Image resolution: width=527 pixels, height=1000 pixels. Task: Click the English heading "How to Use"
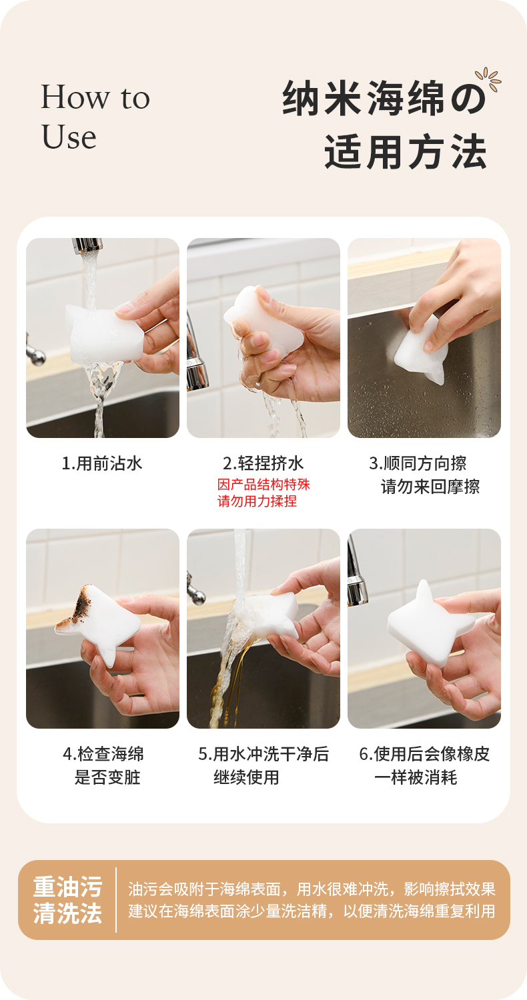pyautogui.click(x=95, y=117)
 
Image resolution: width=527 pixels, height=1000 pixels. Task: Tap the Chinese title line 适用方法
pyautogui.click(x=406, y=152)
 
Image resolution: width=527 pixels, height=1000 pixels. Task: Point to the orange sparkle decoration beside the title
pyautogui.click(x=488, y=79)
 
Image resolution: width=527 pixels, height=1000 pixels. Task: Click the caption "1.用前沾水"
pyautogui.click(x=102, y=463)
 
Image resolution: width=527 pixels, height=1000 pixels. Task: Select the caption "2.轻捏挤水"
pyautogui.click(x=263, y=463)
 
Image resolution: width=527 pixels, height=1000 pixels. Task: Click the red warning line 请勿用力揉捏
pyautogui.click(x=257, y=501)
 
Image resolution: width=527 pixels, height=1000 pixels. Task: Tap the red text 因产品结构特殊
pyautogui.click(x=263, y=485)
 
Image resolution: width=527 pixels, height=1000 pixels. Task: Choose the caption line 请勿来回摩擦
pyautogui.click(x=430, y=487)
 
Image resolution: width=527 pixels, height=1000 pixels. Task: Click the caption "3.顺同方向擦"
pyautogui.click(x=418, y=463)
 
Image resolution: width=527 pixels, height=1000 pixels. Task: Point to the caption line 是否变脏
pyautogui.click(x=107, y=777)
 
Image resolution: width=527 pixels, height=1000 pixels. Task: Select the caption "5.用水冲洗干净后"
pyautogui.click(x=263, y=754)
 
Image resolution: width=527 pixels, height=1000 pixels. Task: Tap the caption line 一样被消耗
pyautogui.click(x=416, y=777)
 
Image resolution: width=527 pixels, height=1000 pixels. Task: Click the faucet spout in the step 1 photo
pyautogui.click(x=87, y=245)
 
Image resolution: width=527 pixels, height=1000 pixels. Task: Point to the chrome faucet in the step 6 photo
pyautogui.click(x=356, y=570)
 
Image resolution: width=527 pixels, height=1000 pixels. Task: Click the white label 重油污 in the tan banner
pyautogui.click(x=68, y=887)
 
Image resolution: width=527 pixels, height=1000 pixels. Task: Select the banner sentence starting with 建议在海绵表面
pyautogui.click(x=312, y=911)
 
